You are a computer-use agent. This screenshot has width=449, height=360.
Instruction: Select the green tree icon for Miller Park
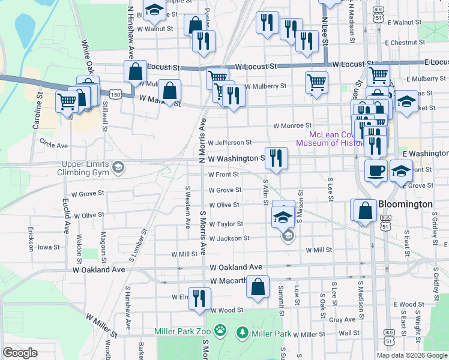tap(243, 332)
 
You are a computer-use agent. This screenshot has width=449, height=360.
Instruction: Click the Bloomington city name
tap(405, 204)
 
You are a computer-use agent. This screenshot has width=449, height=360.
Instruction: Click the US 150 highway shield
tap(114, 95)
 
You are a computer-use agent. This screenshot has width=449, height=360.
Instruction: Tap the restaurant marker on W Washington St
tap(276, 158)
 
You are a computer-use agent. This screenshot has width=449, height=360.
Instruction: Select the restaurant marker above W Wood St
tap(199, 298)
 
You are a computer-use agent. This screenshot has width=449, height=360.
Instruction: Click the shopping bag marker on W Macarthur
tap(258, 286)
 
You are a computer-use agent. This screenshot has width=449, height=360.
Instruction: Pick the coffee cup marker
tap(376, 171)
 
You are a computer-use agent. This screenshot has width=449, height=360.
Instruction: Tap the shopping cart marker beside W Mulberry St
tap(316, 83)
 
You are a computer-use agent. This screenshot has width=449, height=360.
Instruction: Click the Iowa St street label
tap(49, 247)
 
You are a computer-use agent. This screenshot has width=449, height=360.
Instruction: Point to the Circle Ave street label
tap(53, 145)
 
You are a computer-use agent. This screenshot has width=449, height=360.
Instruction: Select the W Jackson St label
tap(229, 238)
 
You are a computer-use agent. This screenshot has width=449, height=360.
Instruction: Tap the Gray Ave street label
tap(342, 320)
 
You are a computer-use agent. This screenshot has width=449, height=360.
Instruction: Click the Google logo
tap(20, 353)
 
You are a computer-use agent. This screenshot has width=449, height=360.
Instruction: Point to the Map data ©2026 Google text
tap(411, 355)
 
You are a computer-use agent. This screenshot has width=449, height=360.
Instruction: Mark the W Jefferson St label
tap(231, 142)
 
